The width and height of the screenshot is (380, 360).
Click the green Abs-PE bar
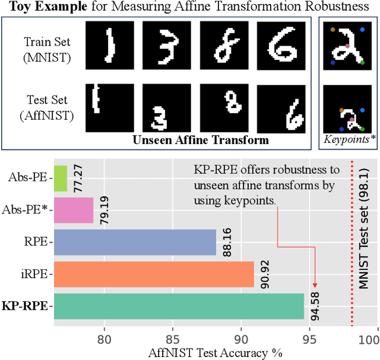[60, 178]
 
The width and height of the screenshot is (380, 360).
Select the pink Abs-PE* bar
[73, 210]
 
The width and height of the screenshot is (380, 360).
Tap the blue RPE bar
[135, 242]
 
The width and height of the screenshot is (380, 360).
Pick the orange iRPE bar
[154, 274]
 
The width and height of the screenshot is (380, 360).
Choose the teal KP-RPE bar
[179, 306]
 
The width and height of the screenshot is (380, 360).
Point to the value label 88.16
[227, 242]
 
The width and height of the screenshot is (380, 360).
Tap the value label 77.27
[78, 178]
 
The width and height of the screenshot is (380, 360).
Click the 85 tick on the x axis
[173, 340]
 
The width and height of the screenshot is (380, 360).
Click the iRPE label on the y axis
[36, 274]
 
